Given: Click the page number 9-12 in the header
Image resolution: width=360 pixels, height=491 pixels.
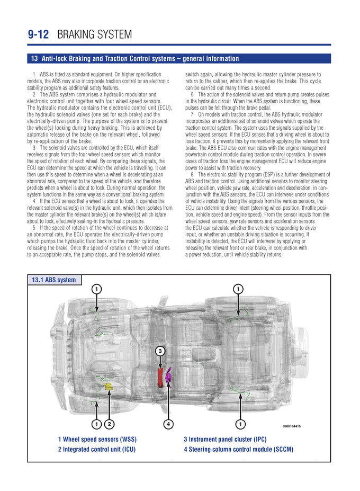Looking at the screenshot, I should pos(38,35).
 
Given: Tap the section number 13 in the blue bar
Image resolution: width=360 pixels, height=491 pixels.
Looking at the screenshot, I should pos(34,59).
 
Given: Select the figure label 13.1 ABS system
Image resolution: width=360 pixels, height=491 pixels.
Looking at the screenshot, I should pos(54,280).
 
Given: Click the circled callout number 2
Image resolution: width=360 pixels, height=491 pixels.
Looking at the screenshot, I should pos(109,424).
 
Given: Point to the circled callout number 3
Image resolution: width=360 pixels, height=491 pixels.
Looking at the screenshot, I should pos(160,350).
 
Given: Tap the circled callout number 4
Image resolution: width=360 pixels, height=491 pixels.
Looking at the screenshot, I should pos(168,424).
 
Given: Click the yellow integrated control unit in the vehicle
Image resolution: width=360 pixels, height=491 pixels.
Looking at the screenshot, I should pos(109,387).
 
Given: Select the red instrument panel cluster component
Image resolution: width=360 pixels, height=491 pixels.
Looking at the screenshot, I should pos(160,377).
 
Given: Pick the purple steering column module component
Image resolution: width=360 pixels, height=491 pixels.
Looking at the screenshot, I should pos(169,377).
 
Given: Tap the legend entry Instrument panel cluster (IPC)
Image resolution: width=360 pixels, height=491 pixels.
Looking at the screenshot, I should pos(225,439).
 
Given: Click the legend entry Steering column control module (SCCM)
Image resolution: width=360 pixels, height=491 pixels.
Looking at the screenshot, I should pos(238,450).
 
